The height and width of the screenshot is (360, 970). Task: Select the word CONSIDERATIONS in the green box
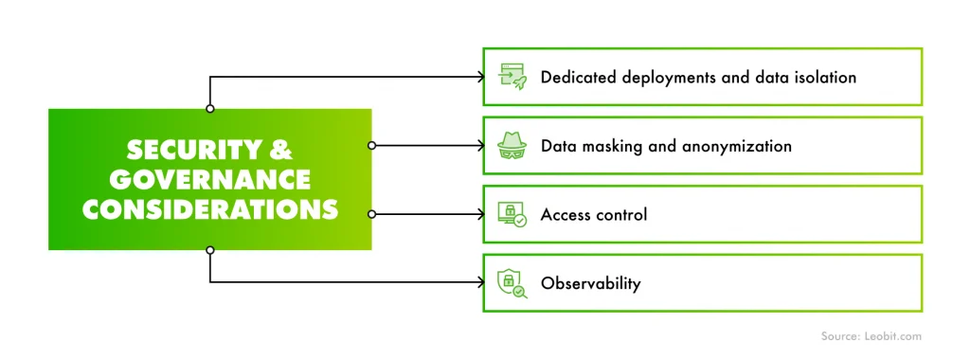pos(209,209)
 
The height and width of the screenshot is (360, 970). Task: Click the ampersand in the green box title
pos(281,151)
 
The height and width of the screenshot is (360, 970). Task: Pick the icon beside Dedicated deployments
pos(512,77)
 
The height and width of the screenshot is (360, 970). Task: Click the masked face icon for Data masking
pos(512,146)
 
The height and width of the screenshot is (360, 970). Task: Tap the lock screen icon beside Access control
pos(512,214)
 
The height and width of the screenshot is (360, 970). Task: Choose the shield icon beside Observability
pos(512,282)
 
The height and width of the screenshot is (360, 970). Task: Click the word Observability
pos(590,283)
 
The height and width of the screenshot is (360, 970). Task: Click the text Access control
pos(594,214)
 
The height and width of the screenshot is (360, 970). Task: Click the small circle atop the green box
pos(210,109)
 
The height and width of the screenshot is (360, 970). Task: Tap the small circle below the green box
pos(210,250)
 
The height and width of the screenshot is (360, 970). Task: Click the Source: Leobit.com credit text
pos(869,335)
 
